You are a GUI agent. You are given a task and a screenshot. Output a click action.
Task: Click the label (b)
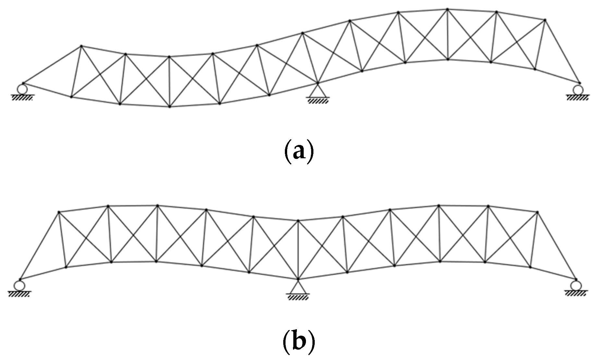click(299, 346)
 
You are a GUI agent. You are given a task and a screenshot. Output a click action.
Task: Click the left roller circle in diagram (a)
click(23, 89)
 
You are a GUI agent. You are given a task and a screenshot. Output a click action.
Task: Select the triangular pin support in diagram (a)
click(317, 91)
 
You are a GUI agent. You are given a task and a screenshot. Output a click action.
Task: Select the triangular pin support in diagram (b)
click(298, 286)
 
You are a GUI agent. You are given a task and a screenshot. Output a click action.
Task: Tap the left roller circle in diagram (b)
click(19, 285)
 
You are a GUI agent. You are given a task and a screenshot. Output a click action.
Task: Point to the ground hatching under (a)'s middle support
click(318, 101)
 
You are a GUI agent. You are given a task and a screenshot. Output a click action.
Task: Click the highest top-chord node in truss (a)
click(447, 9)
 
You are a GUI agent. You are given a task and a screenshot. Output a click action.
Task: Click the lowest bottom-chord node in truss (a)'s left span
click(170, 107)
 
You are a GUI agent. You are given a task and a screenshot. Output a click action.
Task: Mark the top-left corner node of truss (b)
click(59, 212)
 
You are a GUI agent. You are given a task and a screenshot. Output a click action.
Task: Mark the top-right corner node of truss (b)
click(537, 212)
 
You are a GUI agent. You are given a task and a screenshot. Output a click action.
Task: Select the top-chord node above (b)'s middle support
click(298, 221)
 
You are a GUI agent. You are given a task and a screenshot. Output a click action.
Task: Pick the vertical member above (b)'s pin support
click(298, 250)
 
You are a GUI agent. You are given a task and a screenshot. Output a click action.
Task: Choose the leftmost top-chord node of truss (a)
click(81, 46)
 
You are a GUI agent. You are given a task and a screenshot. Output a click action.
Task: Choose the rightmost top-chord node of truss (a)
click(545, 20)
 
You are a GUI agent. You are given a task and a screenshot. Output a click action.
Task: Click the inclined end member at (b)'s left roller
click(39, 246)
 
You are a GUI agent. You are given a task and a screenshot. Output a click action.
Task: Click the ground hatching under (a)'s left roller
click(22, 98)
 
